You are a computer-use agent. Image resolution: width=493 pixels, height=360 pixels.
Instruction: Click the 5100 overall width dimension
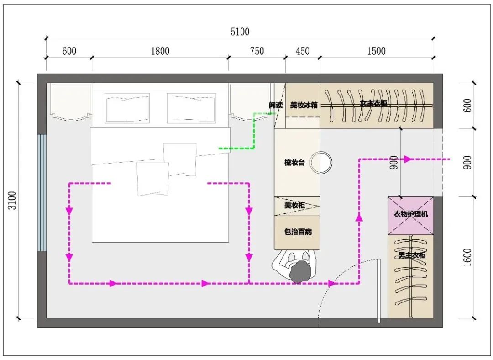point(240,32)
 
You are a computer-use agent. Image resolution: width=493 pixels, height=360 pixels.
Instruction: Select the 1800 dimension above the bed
point(160,51)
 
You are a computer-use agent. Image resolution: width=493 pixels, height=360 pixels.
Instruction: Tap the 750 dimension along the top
point(257,51)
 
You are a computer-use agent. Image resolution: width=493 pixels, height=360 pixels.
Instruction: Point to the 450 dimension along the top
point(303,51)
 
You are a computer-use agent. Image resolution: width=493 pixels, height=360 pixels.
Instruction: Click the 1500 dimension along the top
point(376,51)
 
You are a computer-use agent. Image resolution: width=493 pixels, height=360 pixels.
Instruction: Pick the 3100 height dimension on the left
point(12,200)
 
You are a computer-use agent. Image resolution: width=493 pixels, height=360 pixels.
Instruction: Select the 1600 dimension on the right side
point(467,257)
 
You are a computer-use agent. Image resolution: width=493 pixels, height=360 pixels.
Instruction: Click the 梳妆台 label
point(294,162)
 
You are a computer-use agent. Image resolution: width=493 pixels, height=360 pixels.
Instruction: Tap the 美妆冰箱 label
point(304,105)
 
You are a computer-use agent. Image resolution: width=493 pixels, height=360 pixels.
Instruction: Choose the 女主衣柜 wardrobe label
point(373,103)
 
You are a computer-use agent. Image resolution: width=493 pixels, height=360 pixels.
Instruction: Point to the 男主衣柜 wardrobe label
point(412,255)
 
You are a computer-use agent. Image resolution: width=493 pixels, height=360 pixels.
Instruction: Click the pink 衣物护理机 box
point(411,216)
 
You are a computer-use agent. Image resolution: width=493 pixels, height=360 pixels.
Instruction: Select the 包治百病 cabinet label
point(298,232)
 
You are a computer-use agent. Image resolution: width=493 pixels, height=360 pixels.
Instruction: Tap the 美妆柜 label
point(294,205)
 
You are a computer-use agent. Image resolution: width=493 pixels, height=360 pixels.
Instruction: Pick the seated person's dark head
point(299,272)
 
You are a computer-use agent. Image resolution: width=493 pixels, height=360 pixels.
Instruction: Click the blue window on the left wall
point(42,193)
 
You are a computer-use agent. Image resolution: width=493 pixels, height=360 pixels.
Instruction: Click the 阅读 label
point(276,105)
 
